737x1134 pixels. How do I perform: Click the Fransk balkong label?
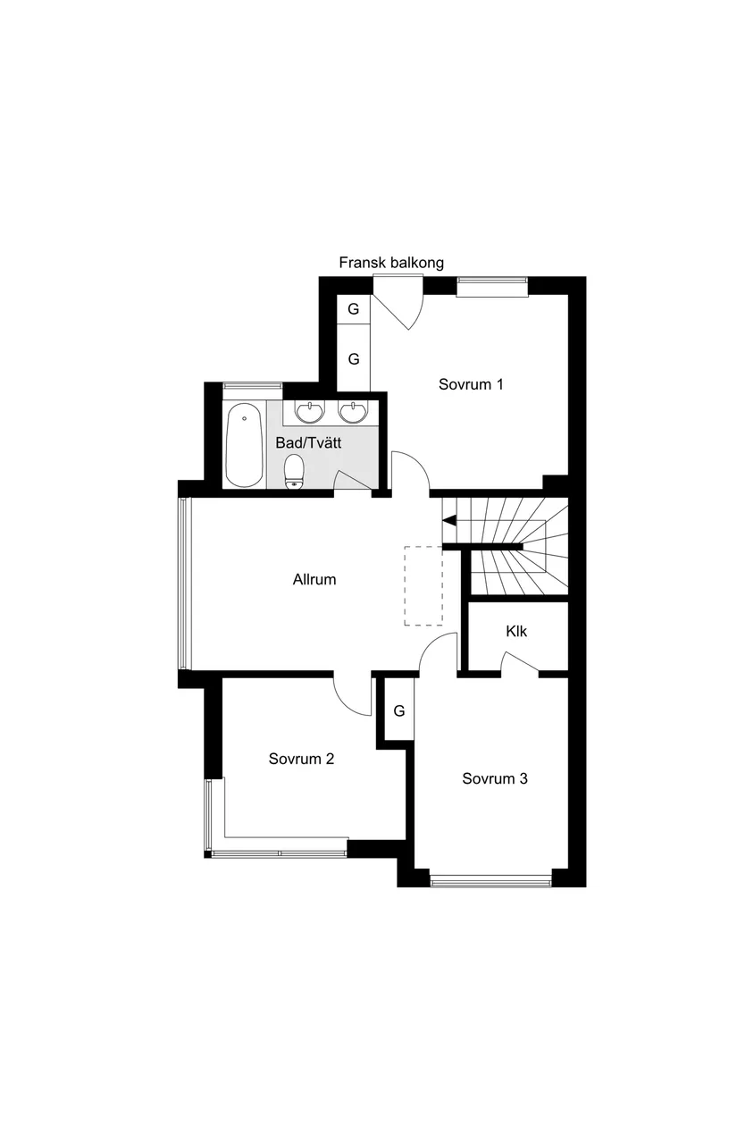pyautogui.click(x=391, y=263)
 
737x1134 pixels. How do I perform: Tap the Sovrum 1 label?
pyautogui.click(x=471, y=384)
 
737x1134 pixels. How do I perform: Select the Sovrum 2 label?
pyautogui.click(x=301, y=759)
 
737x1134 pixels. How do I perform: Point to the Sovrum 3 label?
pyautogui.click(x=494, y=778)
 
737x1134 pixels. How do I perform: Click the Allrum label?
pyautogui.click(x=314, y=579)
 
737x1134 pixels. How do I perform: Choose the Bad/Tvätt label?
pyautogui.click(x=309, y=441)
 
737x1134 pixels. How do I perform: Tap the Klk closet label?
pyautogui.click(x=516, y=631)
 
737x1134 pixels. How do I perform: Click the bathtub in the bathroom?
pyautogui.click(x=243, y=445)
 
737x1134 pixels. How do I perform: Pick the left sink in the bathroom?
pyautogui.click(x=310, y=412)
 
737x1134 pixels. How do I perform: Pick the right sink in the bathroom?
pyautogui.click(x=354, y=412)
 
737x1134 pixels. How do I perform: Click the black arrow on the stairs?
pyautogui.click(x=449, y=520)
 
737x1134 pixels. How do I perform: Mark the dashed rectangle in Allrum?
pyautogui.click(x=423, y=585)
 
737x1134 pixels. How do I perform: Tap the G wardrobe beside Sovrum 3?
pyautogui.click(x=399, y=711)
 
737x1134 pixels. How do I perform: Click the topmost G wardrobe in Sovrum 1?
pyautogui.click(x=354, y=309)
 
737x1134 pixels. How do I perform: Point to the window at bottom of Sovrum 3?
pyautogui.click(x=490, y=882)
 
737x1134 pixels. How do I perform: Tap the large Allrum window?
pyautogui.click(x=184, y=583)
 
